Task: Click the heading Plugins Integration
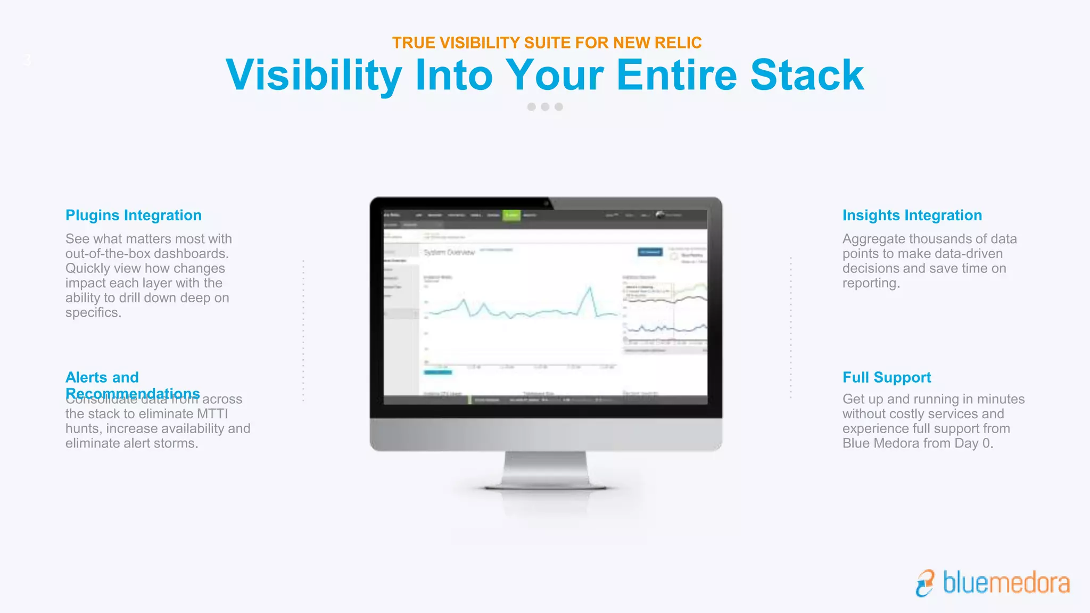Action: [133, 216]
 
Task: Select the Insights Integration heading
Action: [912, 216]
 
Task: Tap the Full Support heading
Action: [887, 378]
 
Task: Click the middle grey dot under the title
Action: [545, 107]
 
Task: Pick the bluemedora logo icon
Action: [926, 583]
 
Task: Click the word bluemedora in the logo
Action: [1006, 583]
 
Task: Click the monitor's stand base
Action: [546, 485]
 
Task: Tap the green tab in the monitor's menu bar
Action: [511, 215]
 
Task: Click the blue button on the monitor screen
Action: [650, 252]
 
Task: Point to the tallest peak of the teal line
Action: [590, 288]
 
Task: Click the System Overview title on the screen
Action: [449, 252]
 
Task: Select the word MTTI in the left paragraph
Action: [212, 414]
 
